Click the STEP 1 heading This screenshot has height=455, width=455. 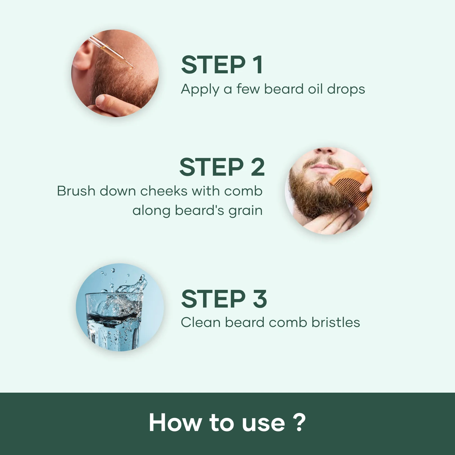(x=222, y=65)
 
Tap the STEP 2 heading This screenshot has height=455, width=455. (x=222, y=167)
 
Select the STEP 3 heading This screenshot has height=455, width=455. (x=224, y=299)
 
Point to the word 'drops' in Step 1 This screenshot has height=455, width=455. (x=346, y=89)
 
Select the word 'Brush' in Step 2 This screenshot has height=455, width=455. (x=76, y=191)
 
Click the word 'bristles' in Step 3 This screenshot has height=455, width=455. (x=336, y=322)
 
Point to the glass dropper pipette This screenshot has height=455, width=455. (x=111, y=52)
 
